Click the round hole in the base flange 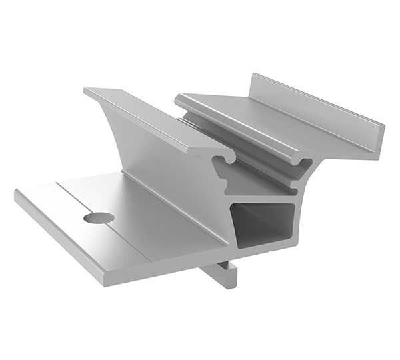[x=96, y=218]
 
